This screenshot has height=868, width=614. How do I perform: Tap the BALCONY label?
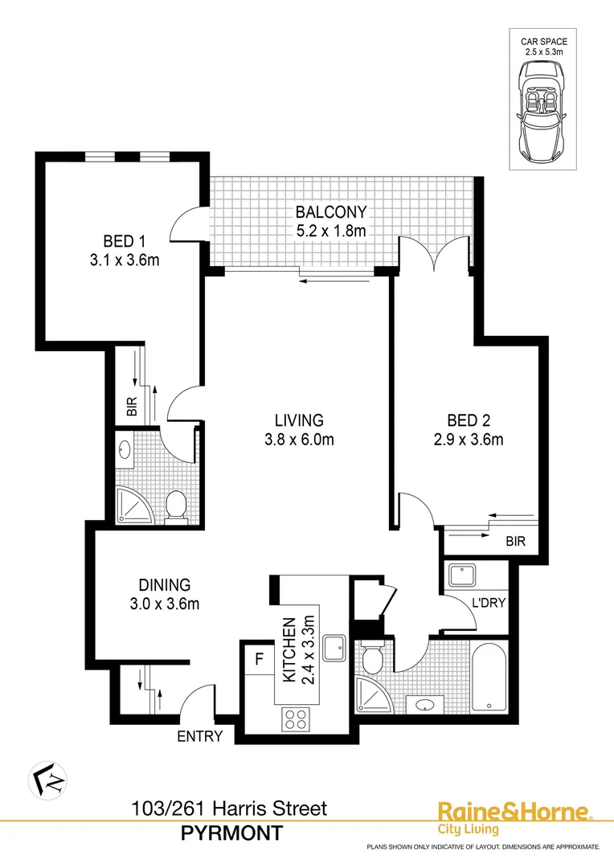pyautogui.click(x=330, y=213)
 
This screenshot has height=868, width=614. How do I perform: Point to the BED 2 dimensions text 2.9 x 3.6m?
pyautogui.click(x=475, y=439)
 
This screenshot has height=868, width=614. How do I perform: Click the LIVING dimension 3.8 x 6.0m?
pyautogui.click(x=299, y=439)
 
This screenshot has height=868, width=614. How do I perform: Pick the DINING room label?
pyautogui.click(x=162, y=584)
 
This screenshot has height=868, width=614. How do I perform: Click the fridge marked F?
pyautogui.click(x=259, y=660)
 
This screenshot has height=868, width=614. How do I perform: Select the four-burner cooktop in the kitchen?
pyautogui.click(x=295, y=718)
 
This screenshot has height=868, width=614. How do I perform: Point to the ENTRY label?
pyautogui.click(x=200, y=735)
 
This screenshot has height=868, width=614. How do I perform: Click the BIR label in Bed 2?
pyautogui.click(x=515, y=542)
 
